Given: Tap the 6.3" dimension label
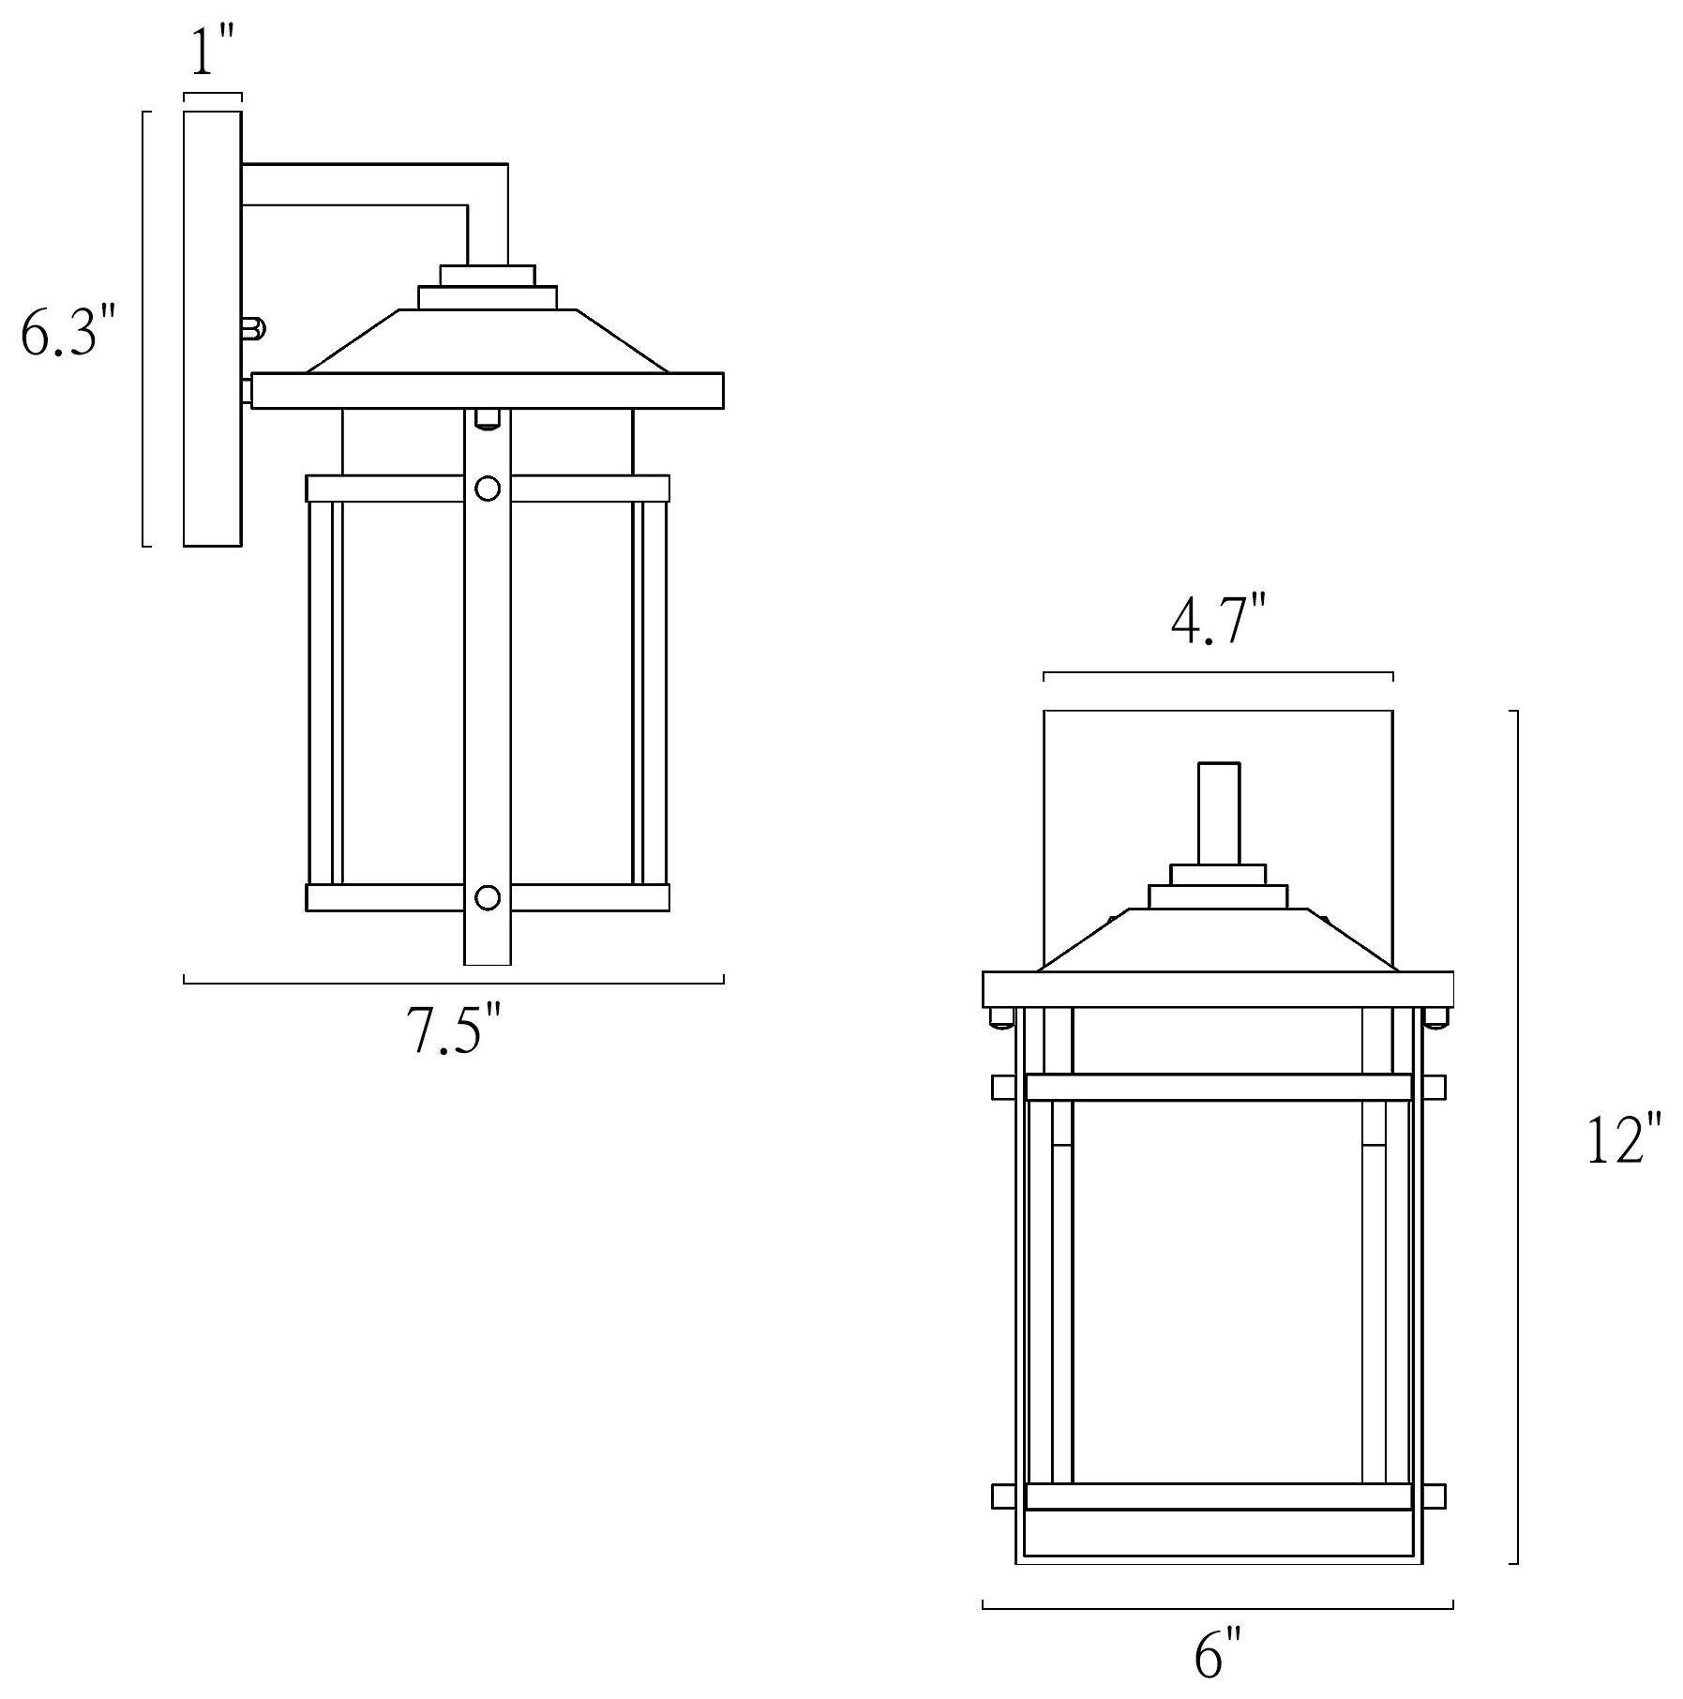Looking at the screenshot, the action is pyautogui.click(x=68, y=331).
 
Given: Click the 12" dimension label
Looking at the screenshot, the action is pyautogui.click(x=1624, y=1139).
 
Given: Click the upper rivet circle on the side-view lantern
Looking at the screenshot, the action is pyautogui.click(x=488, y=489).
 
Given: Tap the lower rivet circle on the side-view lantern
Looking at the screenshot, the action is pyautogui.click(x=488, y=898).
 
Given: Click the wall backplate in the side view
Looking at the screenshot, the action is pyautogui.click(x=213, y=328).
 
